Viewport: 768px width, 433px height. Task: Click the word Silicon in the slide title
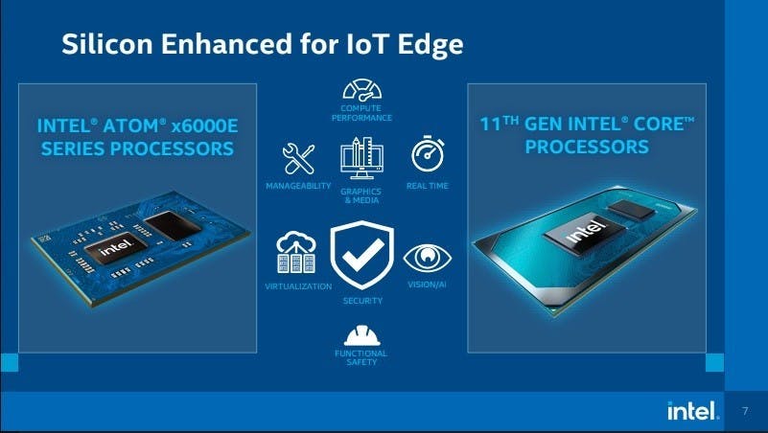[x=107, y=43]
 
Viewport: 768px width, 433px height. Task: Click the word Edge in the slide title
[x=431, y=45]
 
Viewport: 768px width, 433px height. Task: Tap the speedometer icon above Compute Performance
[x=362, y=90]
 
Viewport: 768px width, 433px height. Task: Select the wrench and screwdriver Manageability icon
[x=298, y=158]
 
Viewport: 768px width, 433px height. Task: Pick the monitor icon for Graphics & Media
[x=362, y=158]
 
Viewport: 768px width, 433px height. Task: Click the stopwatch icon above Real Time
[x=428, y=154]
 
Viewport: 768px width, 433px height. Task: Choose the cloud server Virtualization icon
[x=296, y=252]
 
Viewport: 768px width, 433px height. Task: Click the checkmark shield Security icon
[x=362, y=255]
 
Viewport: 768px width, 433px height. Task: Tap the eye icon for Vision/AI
[x=427, y=259]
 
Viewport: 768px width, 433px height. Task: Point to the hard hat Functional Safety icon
[x=362, y=335]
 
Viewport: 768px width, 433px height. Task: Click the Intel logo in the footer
[x=693, y=411]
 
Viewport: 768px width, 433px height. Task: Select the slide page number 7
[x=745, y=411]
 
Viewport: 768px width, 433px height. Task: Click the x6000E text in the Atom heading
[x=205, y=126]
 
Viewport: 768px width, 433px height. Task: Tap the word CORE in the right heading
[x=663, y=125]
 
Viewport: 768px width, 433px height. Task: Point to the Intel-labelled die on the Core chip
[x=584, y=233]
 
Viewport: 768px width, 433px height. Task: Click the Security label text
[x=362, y=301]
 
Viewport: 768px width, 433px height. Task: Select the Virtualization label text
[x=298, y=286]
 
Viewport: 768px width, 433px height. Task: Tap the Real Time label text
[x=427, y=186]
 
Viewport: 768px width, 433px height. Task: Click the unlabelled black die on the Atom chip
[x=173, y=225]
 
